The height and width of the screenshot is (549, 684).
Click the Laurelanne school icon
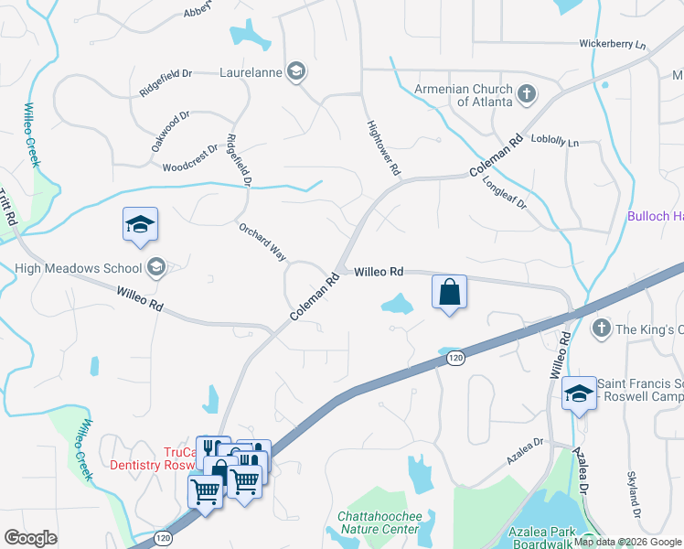click(295, 71)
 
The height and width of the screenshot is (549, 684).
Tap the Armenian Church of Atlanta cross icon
click(526, 92)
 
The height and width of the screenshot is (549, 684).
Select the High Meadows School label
click(79, 268)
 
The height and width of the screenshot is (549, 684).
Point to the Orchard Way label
click(263, 242)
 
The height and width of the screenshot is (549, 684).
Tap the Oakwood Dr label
click(170, 132)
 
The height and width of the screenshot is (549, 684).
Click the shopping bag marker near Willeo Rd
click(449, 293)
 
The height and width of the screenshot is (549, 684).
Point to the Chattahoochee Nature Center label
click(379, 522)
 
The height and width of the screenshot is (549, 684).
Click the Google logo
click(30, 538)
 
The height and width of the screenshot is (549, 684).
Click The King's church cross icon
click(602, 328)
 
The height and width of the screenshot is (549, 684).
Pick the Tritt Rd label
click(8, 209)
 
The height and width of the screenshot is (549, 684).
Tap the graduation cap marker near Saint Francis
click(578, 393)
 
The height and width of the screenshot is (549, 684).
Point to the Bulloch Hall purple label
click(655, 216)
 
